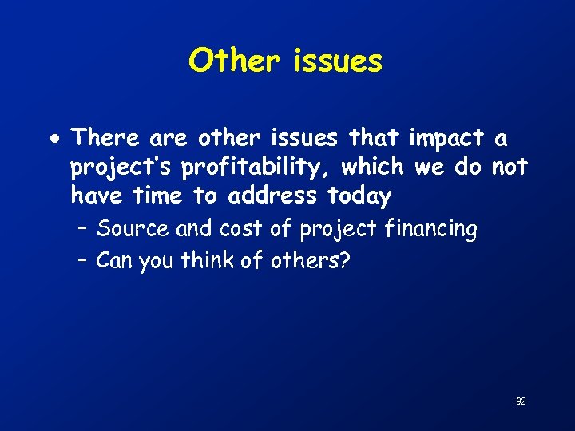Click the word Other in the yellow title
pyautogui.click(x=233, y=61)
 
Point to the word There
pyautogui.click(x=105, y=138)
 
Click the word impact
pyautogui.click(x=446, y=138)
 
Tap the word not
pyautogui.click(x=510, y=166)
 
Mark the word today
pyautogui.click(x=359, y=196)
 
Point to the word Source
pyautogui.click(x=133, y=230)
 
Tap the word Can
pyautogui.click(x=114, y=259)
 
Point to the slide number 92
pyautogui.click(x=520, y=401)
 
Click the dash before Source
pyautogui.click(x=83, y=230)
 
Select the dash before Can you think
pyautogui.click(x=83, y=259)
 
